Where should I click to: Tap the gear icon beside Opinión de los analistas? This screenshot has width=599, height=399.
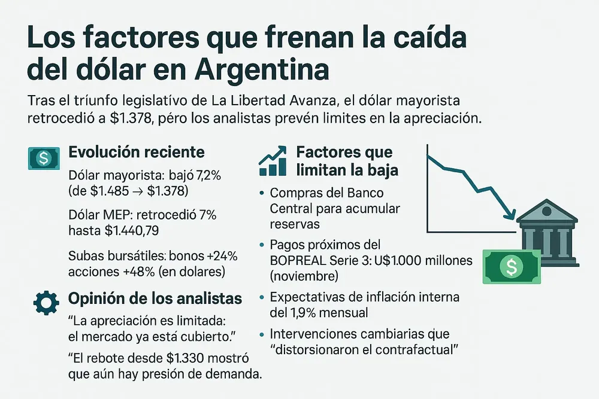coord(46,303)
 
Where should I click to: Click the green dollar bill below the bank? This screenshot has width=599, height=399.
coord(512,266)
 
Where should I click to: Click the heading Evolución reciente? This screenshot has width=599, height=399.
coord(137,152)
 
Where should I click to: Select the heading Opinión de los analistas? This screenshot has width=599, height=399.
coord(156,299)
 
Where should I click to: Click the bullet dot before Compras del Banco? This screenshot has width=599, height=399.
coord(262,194)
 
